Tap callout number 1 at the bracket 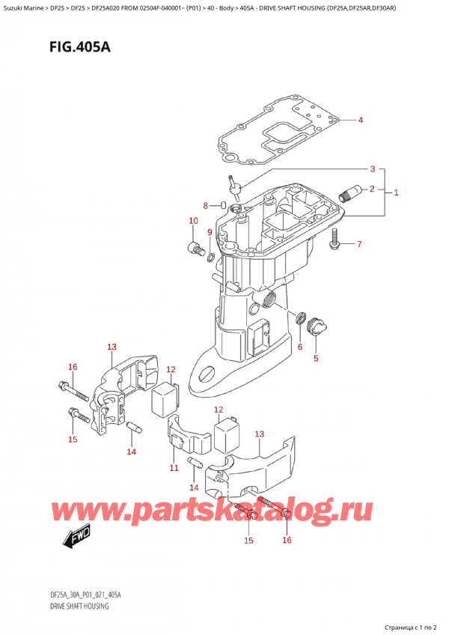396,192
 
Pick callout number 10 193,221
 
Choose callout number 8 206,206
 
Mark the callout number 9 210,232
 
